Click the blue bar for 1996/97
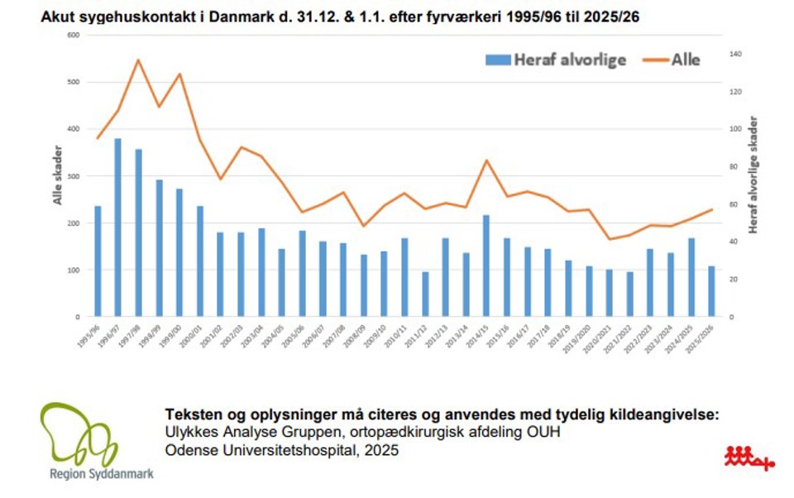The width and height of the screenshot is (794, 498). click(x=117, y=227)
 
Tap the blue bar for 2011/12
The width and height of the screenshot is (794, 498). click(x=425, y=294)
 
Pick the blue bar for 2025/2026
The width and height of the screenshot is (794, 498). click(x=711, y=291)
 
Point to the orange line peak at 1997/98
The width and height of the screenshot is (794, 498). click(x=138, y=60)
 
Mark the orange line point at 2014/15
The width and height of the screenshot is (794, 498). click(x=485, y=160)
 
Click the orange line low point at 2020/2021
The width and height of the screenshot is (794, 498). click(x=610, y=239)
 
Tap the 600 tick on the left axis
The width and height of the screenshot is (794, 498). click(x=73, y=35)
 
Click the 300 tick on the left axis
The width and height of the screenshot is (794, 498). click(x=73, y=176)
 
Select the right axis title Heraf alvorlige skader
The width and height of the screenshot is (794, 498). click(x=753, y=175)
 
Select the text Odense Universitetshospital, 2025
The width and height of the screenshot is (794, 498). click(x=282, y=451)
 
